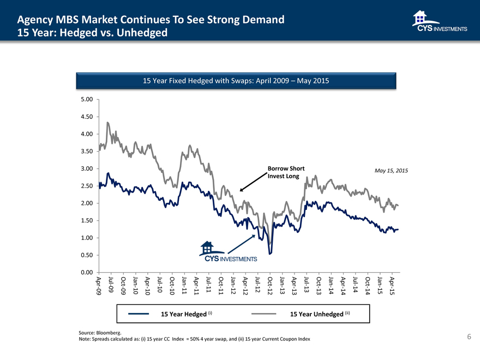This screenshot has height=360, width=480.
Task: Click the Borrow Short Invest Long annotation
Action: (x=286, y=172)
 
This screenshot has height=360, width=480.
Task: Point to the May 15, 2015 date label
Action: (x=391, y=171)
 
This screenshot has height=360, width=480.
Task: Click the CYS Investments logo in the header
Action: (x=440, y=22)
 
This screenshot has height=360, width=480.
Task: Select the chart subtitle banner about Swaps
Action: (x=236, y=81)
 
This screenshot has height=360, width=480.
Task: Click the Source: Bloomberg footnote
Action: (x=100, y=332)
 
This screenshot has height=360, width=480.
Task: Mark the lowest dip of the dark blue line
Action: (x=270, y=254)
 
